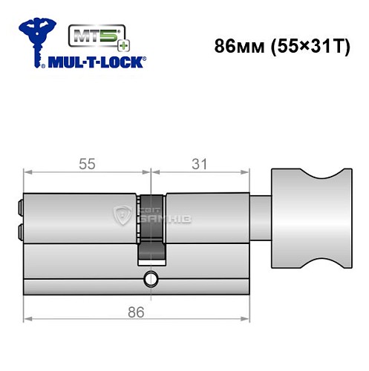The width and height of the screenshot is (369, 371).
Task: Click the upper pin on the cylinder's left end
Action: point(20,204)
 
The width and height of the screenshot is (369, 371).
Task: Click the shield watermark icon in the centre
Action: point(122,216)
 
